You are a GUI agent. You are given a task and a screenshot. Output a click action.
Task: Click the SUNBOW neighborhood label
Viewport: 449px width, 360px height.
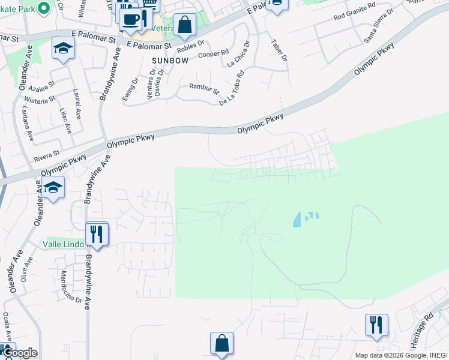point(170,61)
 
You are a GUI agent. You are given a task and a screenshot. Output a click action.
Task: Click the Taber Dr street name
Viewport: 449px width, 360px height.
point(279,50)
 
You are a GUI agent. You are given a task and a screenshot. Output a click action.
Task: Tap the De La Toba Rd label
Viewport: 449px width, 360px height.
point(232,88)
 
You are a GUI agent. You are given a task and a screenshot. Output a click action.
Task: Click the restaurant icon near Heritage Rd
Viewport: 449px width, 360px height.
point(376,325)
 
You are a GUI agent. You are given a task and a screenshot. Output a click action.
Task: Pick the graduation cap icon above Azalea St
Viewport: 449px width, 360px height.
point(63,47)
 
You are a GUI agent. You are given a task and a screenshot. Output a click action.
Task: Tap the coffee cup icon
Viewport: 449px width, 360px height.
point(130,19)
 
